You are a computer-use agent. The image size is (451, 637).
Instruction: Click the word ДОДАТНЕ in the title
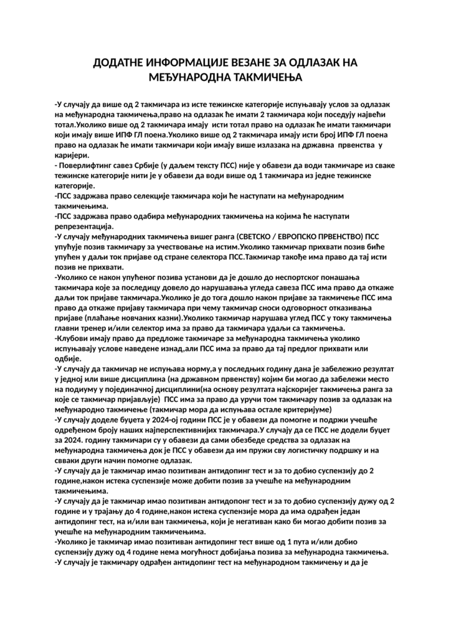click(118, 63)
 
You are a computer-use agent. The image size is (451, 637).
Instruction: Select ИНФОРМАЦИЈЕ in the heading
click(192, 63)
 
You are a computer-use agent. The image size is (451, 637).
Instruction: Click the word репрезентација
click(83, 226)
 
